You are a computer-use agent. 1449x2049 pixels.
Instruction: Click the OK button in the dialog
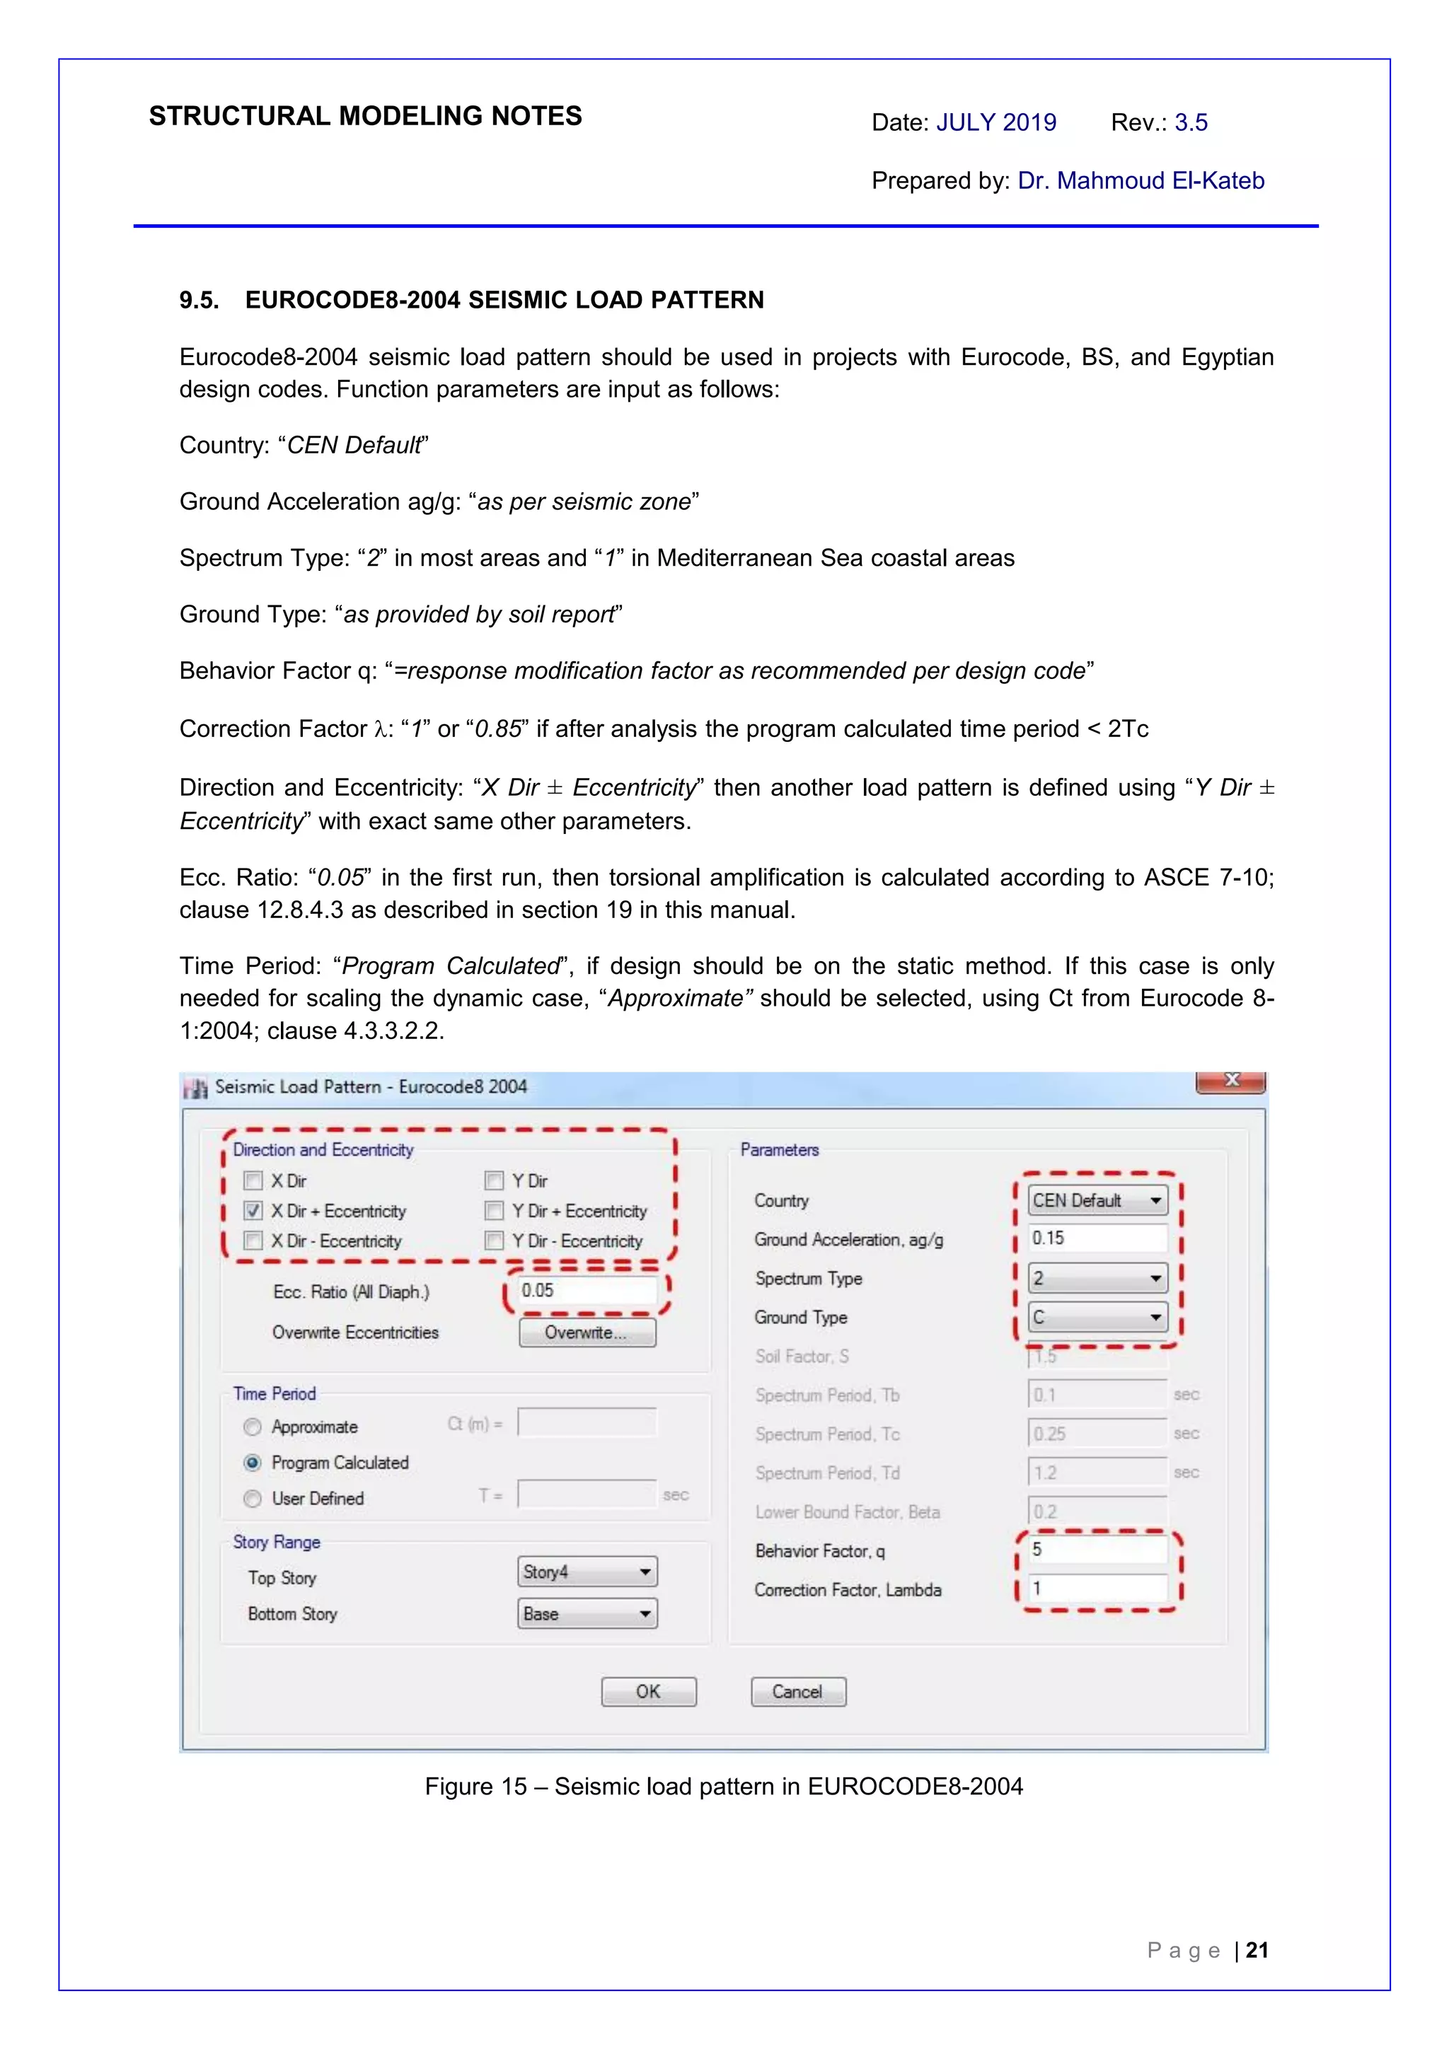648,1691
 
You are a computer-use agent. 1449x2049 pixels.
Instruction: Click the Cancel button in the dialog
797,1691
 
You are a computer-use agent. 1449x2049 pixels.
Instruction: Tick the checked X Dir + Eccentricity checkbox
253,1211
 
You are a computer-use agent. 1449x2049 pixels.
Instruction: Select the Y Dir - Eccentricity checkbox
494,1241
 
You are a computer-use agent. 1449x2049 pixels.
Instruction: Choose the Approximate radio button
253,1427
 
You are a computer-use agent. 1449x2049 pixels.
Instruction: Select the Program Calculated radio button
253,1463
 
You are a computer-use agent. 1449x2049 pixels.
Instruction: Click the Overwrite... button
587,1333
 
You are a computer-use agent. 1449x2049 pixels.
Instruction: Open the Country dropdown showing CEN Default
1097,1200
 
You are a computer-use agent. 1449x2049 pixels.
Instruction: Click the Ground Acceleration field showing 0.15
1097,1238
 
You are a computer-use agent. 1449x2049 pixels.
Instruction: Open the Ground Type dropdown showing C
1097,1317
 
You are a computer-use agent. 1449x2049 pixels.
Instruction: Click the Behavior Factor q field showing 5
1097,1549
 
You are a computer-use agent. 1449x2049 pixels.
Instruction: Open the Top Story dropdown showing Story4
587,1572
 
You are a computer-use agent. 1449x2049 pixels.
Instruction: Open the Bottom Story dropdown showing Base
587,1613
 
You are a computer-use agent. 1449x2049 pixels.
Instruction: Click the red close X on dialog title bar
1230,1081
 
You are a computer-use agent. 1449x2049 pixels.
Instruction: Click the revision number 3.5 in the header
1190,122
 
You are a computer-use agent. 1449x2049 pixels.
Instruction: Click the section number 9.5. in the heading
199,300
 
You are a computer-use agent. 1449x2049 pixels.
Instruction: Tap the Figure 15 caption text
723,1786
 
